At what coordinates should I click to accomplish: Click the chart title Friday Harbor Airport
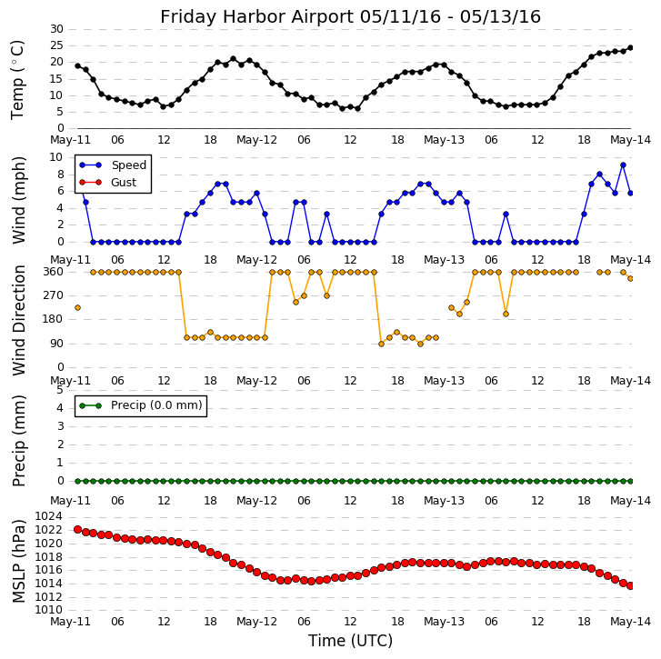point(350,16)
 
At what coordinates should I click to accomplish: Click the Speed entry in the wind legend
point(128,165)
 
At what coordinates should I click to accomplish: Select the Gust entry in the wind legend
point(123,183)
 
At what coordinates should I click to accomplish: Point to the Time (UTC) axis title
point(350,641)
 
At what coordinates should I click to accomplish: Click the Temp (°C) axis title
point(18,79)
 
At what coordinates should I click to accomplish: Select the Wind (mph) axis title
point(18,199)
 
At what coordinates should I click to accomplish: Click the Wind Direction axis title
point(18,319)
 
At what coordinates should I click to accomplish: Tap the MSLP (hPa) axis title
point(18,560)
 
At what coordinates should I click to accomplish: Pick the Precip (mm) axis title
point(18,440)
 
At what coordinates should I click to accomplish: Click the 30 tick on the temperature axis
point(56,29)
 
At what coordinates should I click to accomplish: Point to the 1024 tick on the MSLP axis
point(48,516)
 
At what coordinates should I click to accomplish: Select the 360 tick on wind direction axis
point(54,272)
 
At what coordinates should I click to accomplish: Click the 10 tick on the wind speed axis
point(56,157)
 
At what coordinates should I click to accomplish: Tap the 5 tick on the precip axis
point(60,389)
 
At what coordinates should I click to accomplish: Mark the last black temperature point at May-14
point(630,48)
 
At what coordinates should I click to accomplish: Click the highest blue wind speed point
point(623,165)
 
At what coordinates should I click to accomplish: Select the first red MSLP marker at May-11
point(77,529)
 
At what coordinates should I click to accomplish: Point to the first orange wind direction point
point(77,307)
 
